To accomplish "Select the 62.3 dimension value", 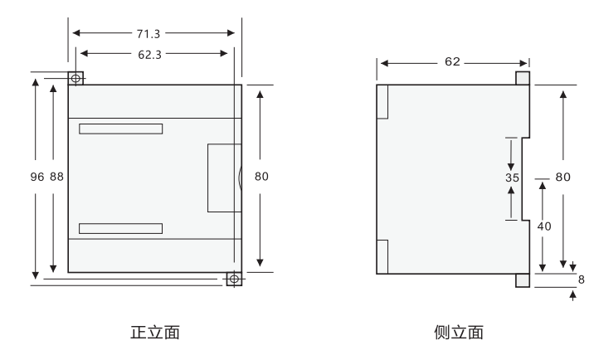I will point(153,53).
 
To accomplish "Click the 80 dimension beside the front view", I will point(260,177).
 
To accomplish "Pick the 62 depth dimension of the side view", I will point(453,62).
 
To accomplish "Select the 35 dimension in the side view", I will point(512,178).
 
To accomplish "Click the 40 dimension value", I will point(543,225).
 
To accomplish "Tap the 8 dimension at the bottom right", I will point(580,280).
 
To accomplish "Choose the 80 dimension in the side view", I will point(563,177).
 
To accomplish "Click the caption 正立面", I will point(155,333).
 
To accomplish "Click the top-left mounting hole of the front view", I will point(76,78).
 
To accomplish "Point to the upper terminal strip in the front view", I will point(121,129).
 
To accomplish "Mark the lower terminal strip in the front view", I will point(121,228).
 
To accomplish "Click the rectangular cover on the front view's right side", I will point(224,177).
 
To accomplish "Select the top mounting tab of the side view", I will point(522,78).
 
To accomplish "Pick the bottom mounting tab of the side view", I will point(522,280).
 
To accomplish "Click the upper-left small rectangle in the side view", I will point(382,102).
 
